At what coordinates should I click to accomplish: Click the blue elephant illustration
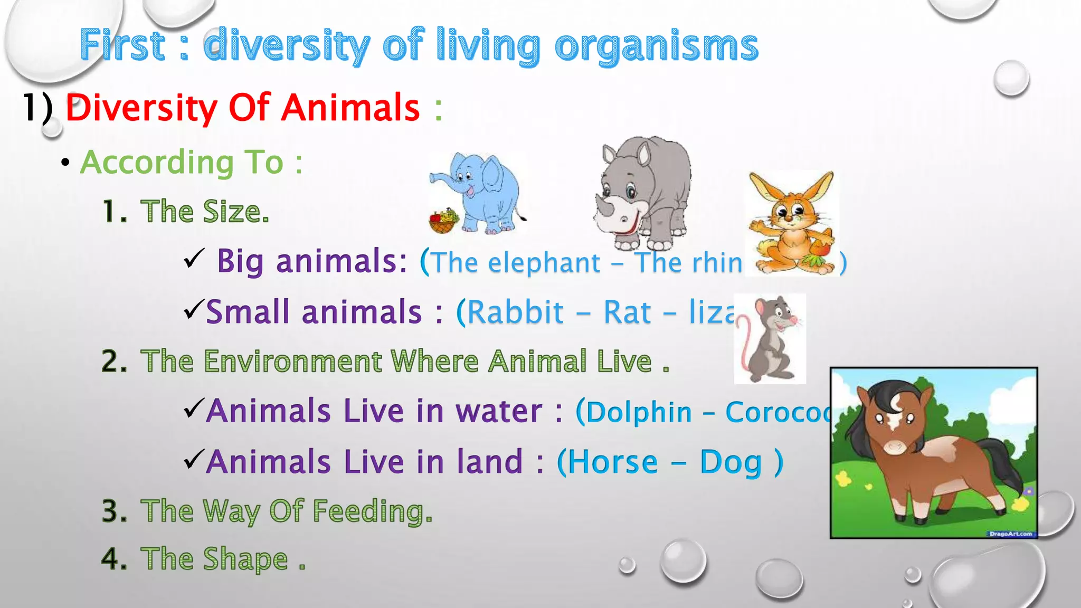[x=486, y=193]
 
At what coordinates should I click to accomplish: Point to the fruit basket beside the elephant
[x=443, y=221]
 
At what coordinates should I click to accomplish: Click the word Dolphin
[x=639, y=412]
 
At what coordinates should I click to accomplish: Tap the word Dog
[x=731, y=462]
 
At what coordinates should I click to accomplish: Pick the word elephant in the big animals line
[x=544, y=262]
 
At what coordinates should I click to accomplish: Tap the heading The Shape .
[x=216, y=559]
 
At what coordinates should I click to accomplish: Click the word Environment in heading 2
[x=293, y=362]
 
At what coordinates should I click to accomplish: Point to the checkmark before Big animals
[x=194, y=259]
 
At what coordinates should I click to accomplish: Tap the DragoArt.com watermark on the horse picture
[x=1010, y=534]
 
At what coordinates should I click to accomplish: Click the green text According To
[x=182, y=162]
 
